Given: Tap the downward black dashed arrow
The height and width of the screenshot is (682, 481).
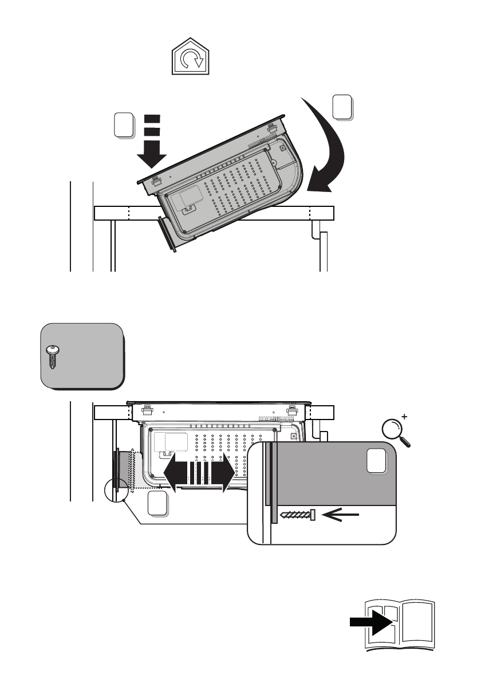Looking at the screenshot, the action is click(x=151, y=143).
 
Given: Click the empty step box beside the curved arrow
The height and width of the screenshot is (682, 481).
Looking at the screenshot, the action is click(x=342, y=108).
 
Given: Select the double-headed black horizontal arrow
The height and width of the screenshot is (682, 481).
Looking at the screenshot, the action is click(x=199, y=472).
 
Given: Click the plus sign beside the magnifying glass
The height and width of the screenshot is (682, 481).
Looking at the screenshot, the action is click(x=406, y=417).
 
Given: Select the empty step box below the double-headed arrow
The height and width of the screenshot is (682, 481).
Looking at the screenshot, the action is click(x=157, y=503).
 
